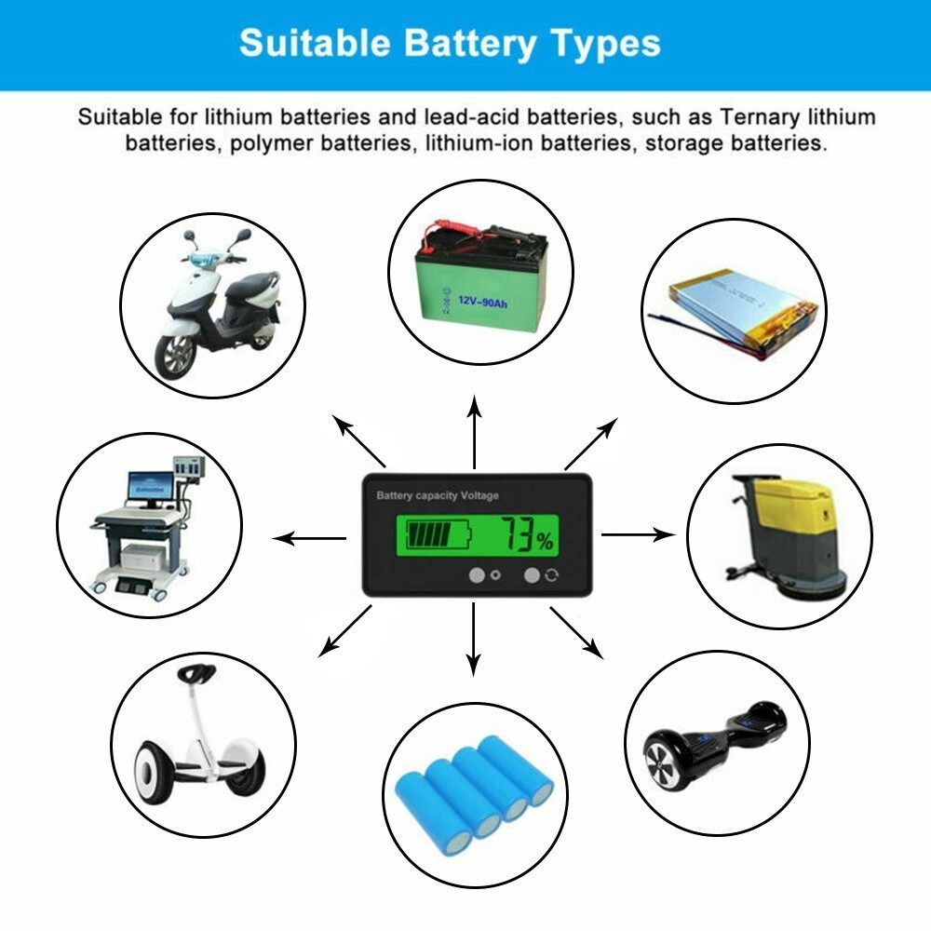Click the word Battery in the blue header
[x=469, y=44]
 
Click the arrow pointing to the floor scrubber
[x=639, y=534]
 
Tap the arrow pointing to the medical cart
[x=309, y=538]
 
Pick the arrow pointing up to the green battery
[x=474, y=431]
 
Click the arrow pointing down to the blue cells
[x=473, y=639]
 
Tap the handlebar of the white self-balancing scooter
[x=197, y=673]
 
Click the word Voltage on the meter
[x=479, y=496]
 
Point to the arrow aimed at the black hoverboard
[x=576, y=633]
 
